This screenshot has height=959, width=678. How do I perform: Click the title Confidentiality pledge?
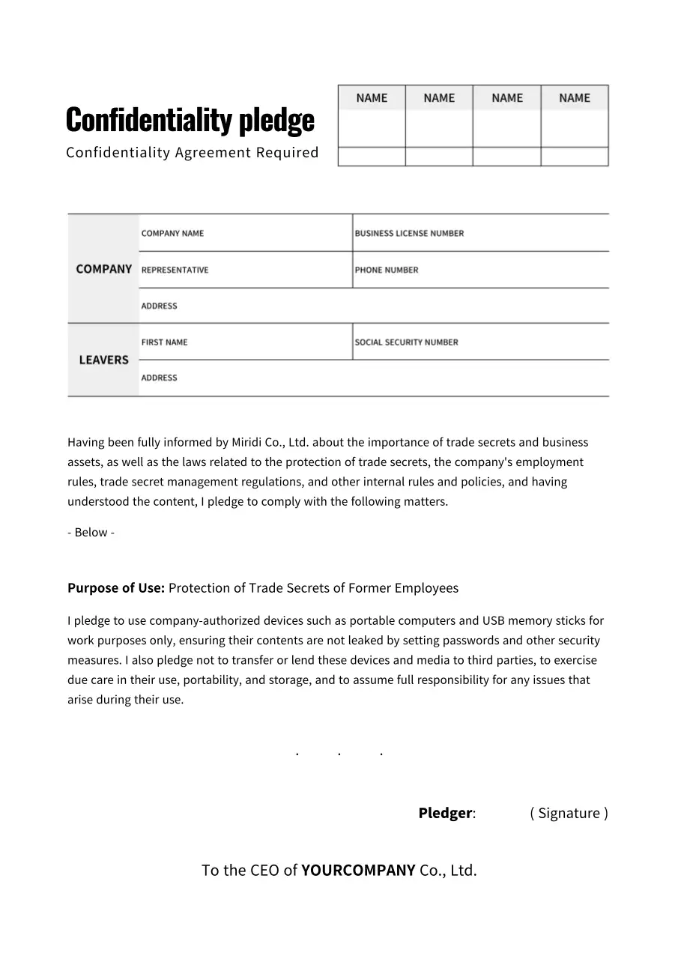(x=190, y=120)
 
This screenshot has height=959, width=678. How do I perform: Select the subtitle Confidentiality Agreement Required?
(x=192, y=153)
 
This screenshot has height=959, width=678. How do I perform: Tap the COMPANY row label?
(x=103, y=269)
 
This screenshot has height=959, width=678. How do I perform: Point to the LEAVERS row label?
(x=103, y=360)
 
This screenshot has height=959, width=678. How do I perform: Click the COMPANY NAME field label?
(x=172, y=233)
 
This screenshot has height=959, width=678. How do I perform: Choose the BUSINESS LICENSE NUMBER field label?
(x=409, y=233)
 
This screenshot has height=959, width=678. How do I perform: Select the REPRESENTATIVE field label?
(x=175, y=270)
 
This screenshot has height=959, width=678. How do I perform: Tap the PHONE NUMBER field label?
(x=387, y=270)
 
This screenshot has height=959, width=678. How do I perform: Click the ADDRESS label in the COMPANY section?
(x=159, y=306)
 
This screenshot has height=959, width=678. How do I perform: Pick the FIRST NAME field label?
(x=164, y=342)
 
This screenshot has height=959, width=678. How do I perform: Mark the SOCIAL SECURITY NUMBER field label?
(x=406, y=342)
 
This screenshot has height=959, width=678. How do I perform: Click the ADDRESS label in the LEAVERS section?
(x=159, y=378)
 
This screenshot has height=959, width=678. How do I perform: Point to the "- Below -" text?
(x=91, y=533)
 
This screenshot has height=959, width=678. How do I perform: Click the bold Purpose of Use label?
(x=116, y=588)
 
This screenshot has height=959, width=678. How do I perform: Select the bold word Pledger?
(x=445, y=813)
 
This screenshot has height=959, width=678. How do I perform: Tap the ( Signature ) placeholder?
(x=569, y=813)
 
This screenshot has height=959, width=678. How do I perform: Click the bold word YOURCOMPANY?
(x=358, y=871)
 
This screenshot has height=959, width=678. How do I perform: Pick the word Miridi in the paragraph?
(x=246, y=442)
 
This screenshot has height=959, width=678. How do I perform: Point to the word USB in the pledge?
(x=494, y=620)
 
